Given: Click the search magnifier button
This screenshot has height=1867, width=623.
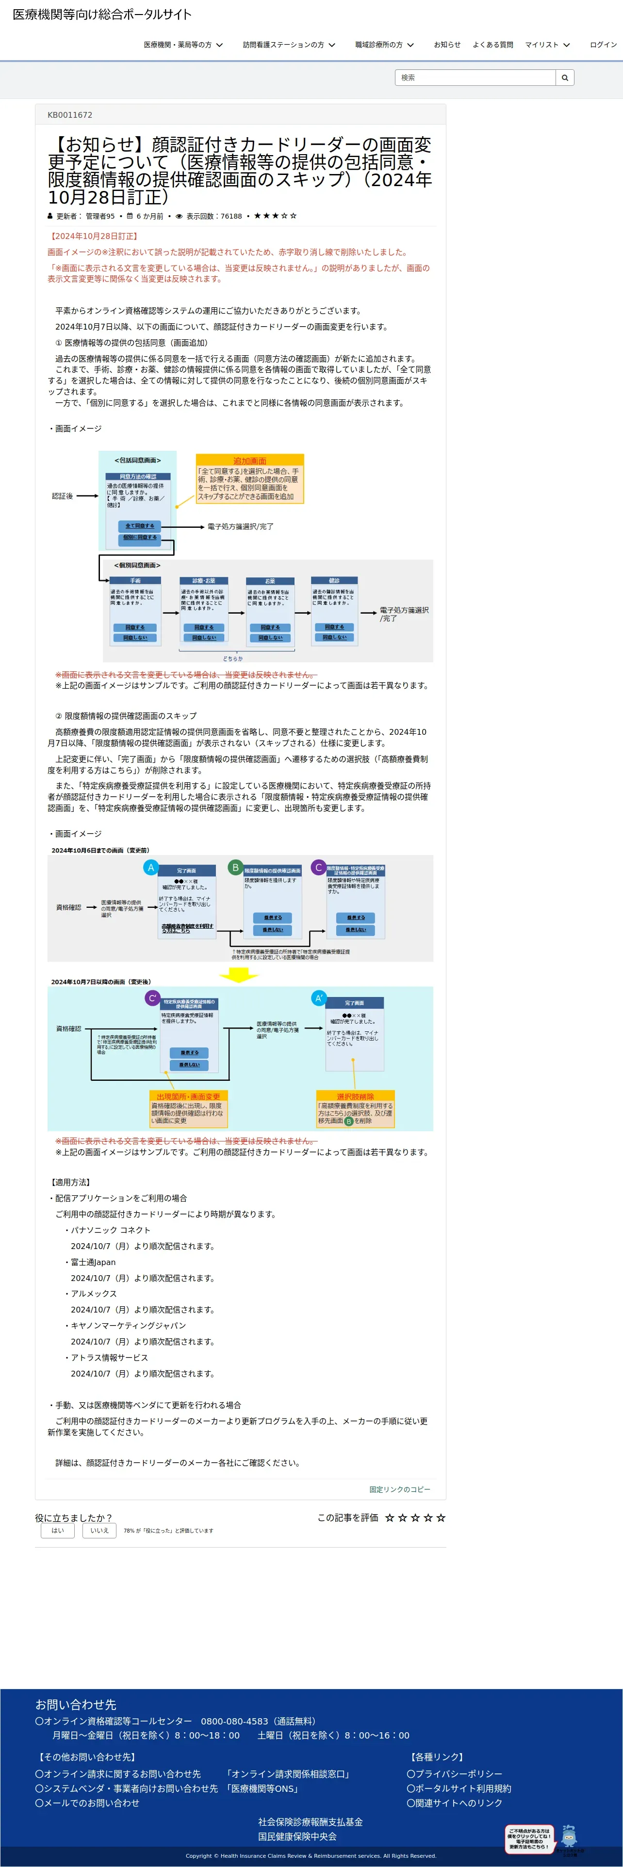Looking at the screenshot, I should [x=564, y=78].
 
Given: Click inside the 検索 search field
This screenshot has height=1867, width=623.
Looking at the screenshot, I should [x=475, y=78].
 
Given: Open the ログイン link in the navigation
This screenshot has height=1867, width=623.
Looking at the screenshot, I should [x=603, y=45].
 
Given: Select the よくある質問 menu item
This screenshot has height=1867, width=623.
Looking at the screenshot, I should [x=492, y=45].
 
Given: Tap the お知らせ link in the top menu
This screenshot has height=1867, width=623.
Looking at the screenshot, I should [x=447, y=45].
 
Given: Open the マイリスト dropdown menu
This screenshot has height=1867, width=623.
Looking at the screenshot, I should [x=547, y=45].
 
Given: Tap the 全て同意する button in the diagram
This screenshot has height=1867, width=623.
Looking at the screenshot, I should [x=139, y=525].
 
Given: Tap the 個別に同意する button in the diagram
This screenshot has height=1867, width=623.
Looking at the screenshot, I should [x=139, y=537].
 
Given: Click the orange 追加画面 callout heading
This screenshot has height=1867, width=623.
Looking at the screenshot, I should [x=249, y=461].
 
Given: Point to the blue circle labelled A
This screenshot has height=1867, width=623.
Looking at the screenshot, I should [x=151, y=868].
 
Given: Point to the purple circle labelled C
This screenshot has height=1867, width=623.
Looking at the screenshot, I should [x=318, y=868].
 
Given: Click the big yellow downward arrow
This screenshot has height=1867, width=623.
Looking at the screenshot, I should [x=239, y=976].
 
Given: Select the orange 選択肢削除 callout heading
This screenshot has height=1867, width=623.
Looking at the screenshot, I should [x=355, y=1096].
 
